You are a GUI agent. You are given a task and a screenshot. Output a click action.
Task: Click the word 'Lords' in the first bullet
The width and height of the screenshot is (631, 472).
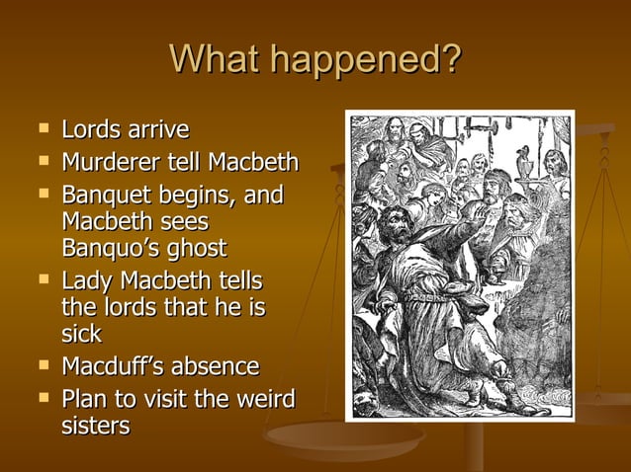click(x=89, y=130)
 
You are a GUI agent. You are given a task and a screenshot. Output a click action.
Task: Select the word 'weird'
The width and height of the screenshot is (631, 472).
click(x=263, y=399)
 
